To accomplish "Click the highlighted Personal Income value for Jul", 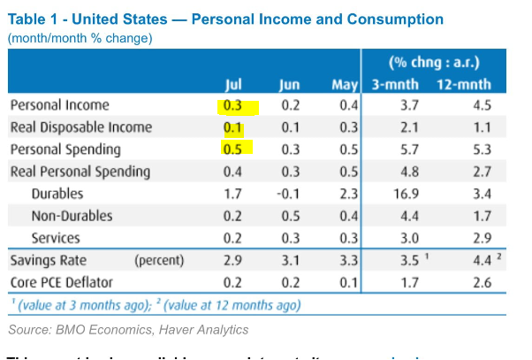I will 234,106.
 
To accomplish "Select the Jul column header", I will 234,85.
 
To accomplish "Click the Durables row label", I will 57,194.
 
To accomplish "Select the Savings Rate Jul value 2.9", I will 234,261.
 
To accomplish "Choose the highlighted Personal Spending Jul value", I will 234,149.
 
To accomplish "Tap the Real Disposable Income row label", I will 80,127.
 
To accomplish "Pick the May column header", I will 343,85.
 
